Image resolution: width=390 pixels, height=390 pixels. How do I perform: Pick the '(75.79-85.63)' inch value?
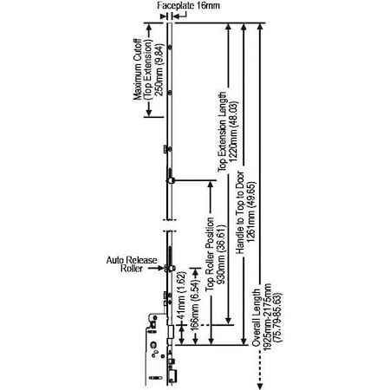(x=276, y=317)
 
